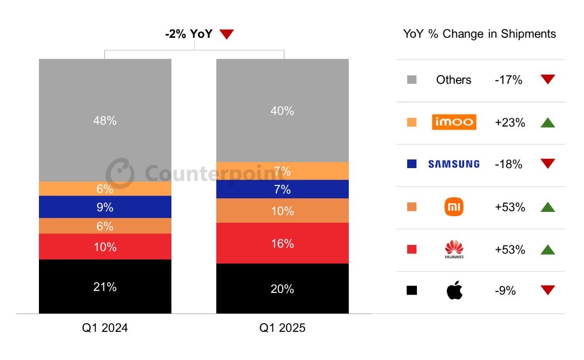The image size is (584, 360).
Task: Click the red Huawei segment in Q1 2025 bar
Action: pos(282,243)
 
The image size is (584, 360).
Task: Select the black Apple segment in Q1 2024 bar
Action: pos(105,286)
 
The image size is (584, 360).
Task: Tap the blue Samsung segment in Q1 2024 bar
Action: pos(105,207)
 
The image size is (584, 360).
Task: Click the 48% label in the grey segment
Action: pos(105,121)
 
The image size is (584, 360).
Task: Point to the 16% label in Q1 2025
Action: pos(282,244)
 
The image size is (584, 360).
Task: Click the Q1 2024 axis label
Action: pos(105,328)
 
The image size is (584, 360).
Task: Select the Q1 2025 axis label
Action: pos(282,328)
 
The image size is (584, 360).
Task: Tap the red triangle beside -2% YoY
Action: pos(227,35)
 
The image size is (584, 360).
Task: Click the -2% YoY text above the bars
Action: pos(189,34)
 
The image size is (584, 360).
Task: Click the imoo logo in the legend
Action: pos(454,122)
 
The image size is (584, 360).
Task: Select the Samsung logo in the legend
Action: pos(454,164)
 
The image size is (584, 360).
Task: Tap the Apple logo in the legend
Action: pos(454,291)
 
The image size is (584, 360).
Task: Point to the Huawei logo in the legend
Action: pos(454,249)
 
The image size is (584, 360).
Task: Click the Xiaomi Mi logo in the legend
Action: pos(454,207)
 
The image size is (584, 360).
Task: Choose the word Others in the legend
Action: pos(454,80)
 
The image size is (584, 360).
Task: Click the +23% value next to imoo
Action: pos(509,123)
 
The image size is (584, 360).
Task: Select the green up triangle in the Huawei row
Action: pos(548,249)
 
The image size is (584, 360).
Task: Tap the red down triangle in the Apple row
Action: pos(548,291)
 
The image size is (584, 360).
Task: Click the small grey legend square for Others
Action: pos(412,80)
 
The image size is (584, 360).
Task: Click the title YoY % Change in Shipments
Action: pos(479,34)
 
